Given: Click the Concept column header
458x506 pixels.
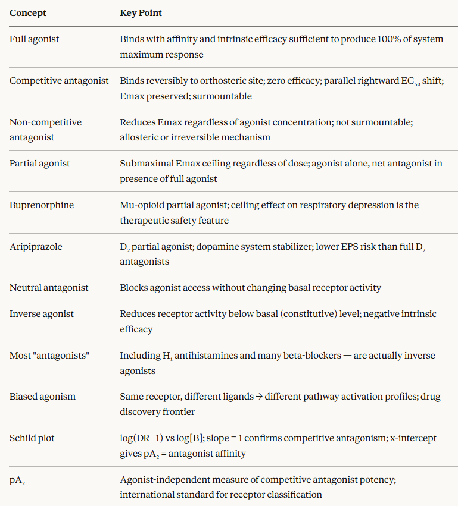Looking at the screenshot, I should pos(27,12).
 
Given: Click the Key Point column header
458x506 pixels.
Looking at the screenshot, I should pos(141,12).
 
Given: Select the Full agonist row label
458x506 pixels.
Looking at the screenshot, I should pos(35,39).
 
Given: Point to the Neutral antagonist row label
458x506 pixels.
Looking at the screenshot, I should pos(49,288).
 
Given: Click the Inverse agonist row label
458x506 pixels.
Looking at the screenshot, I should pos(40,315).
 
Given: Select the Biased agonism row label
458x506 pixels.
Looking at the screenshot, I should pos(42,397).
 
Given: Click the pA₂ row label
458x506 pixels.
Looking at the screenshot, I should pos(17,480).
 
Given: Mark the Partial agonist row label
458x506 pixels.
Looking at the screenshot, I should pos(40,164).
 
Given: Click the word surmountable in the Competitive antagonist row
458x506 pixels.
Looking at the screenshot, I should pos(225,96).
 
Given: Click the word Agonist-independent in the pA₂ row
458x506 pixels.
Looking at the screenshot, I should pos(163,480).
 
